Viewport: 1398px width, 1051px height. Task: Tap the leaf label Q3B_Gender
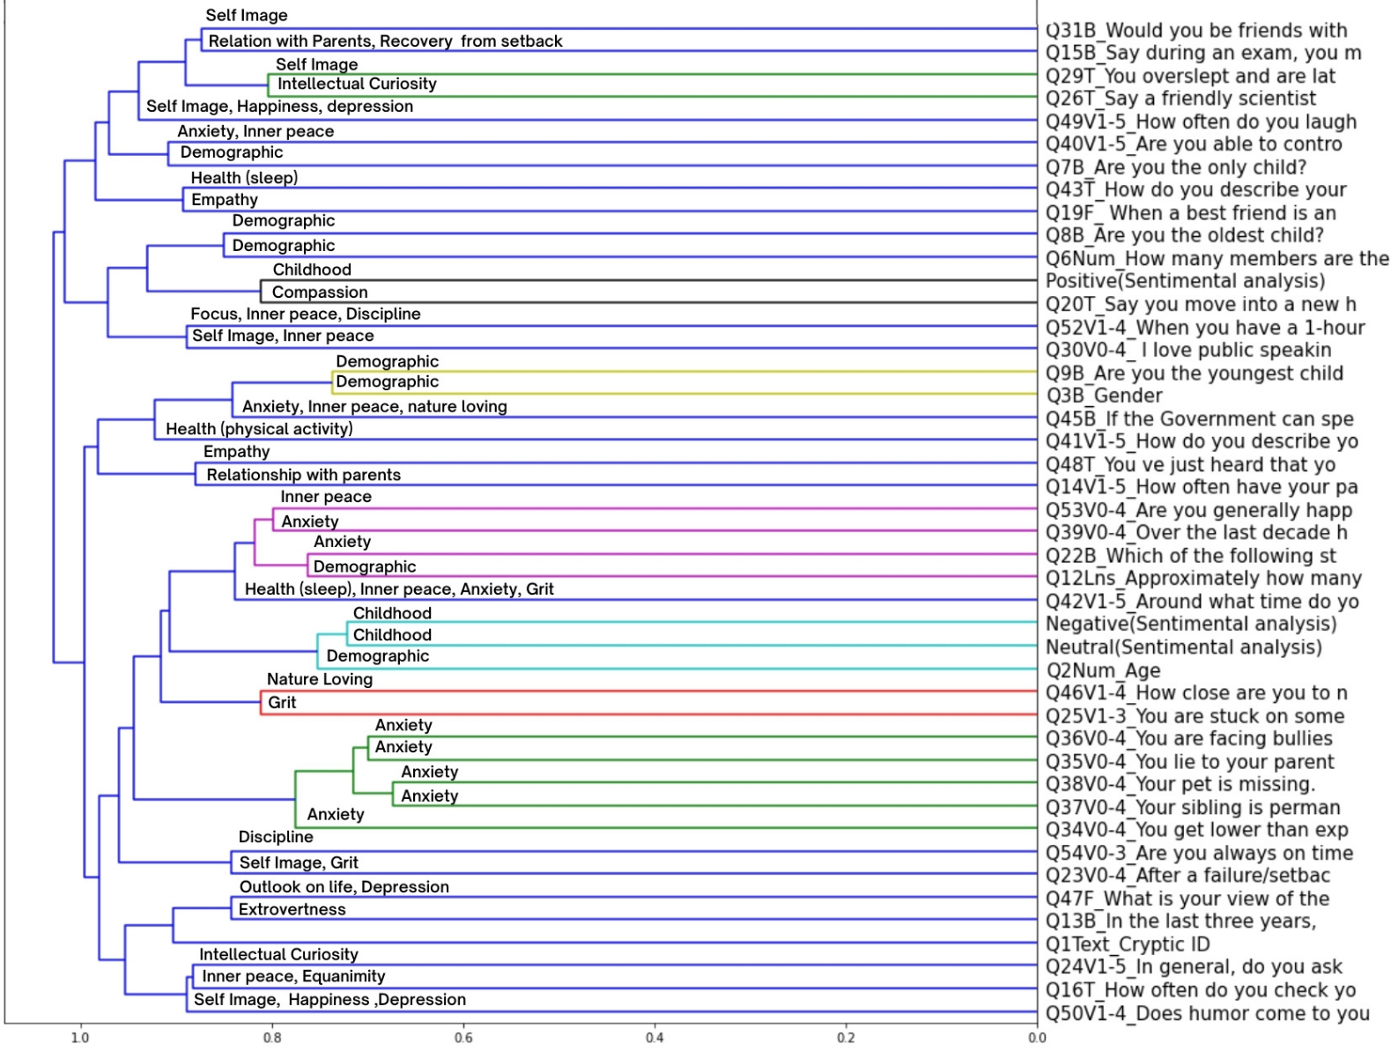pyautogui.click(x=1105, y=396)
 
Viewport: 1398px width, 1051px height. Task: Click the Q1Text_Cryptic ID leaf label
pyautogui.click(x=1128, y=944)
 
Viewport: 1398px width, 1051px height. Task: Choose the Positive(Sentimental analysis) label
pyautogui.click(x=1186, y=281)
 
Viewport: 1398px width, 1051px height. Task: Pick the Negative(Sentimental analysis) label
pyautogui.click(x=1191, y=625)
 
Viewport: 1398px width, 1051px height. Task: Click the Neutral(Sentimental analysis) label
pyautogui.click(x=1184, y=648)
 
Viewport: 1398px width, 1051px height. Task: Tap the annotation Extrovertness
pyautogui.click(x=292, y=909)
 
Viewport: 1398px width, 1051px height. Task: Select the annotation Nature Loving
pyautogui.click(x=320, y=679)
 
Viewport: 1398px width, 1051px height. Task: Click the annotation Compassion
pyautogui.click(x=320, y=292)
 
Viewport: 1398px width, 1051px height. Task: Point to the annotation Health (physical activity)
pyautogui.click(x=259, y=429)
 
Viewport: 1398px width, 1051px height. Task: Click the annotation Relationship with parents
pyautogui.click(x=304, y=475)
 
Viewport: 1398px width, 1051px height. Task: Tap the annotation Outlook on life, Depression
pyautogui.click(x=344, y=887)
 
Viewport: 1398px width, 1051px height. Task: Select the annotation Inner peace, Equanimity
pyautogui.click(x=293, y=976)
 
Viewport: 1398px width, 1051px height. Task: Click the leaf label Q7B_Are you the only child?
pyautogui.click(x=1176, y=167)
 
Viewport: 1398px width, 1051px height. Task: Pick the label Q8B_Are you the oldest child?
pyautogui.click(x=1185, y=236)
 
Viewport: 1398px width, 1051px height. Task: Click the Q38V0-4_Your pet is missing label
pyautogui.click(x=1180, y=785)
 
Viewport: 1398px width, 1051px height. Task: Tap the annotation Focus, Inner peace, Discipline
pyautogui.click(x=306, y=314)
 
